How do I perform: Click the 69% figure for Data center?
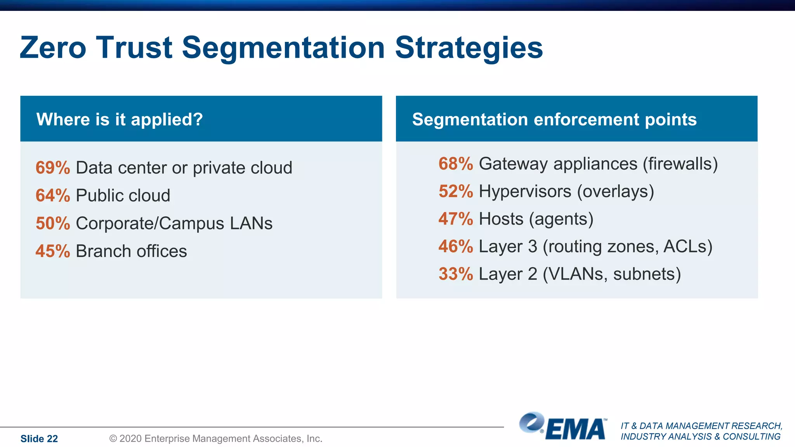(x=53, y=168)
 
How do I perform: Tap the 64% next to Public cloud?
(x=53, y=196)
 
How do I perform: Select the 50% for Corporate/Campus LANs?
(x=53, y=223)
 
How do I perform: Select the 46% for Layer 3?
(x=456, y=247)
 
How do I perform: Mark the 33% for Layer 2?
(x=456, y=274)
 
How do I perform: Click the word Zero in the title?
(x=53, y=48)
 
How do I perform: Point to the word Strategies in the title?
(x=469, y=48)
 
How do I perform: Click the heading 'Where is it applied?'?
(x=120, y=120)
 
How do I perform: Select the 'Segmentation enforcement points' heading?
(x=554, y=120)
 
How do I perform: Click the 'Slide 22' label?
(x=39, y=439)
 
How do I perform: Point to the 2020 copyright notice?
(x=216, y=439)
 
